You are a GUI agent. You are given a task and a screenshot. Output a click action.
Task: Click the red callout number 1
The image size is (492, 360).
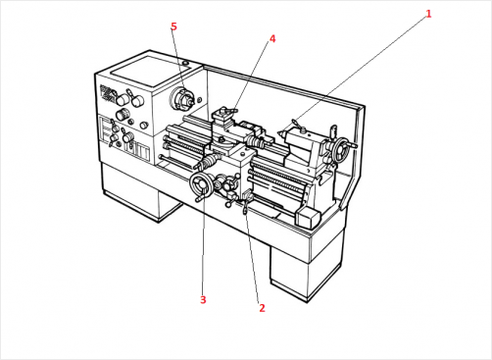click(x=428, y=14)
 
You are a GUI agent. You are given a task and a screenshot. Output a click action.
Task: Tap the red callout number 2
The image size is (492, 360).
click(x=262, y=308)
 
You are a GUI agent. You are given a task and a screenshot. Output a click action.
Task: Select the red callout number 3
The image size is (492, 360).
click(x=203, y=299)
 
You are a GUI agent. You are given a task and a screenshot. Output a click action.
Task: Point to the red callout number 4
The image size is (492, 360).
click(x=272, y=39)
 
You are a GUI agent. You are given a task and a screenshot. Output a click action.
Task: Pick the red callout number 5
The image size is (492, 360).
click(x=173, y=26)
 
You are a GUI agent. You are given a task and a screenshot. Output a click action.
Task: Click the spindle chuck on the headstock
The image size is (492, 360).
click(x=182, y=98)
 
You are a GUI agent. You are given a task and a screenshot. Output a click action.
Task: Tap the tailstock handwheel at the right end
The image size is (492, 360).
click(x=341, y=150)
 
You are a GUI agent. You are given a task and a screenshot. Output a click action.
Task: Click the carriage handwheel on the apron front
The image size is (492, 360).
click(x=202, y=185)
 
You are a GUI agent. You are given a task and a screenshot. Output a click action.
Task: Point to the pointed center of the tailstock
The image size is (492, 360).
click(x=281, y=133)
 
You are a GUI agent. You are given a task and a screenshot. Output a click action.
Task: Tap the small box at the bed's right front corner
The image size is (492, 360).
click(x=308, y=218)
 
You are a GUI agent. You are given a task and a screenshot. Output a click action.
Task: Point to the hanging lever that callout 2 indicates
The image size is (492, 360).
click(x=245, y=208)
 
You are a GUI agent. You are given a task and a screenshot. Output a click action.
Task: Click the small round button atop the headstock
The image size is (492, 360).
click(x=185, y=63)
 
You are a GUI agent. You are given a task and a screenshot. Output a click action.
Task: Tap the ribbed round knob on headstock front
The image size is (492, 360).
click(x=123, y=114)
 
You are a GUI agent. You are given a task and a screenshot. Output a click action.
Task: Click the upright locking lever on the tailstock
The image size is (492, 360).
click(x=333, y=132)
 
